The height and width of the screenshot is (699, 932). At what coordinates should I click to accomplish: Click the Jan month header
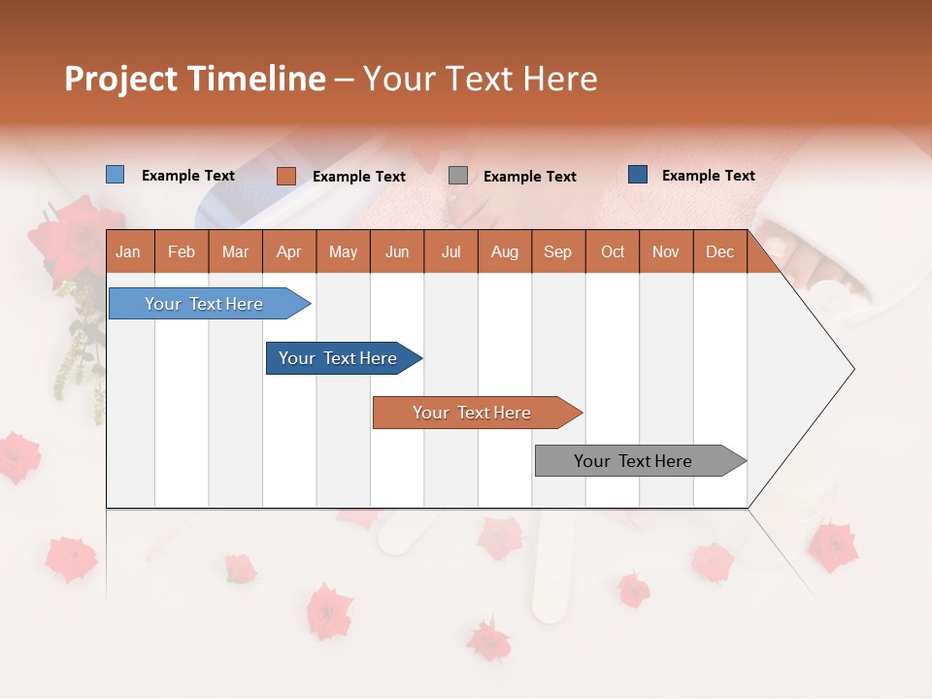pos(128,251)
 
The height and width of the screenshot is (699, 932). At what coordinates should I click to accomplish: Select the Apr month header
pos(288,251)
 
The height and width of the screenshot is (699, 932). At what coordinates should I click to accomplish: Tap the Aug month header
pos(504,251)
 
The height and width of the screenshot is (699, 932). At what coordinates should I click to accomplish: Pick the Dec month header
pos(719,251)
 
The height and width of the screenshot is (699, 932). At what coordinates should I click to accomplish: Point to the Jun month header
pos(396,251)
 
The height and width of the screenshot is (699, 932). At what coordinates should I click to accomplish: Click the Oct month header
pos(612,251)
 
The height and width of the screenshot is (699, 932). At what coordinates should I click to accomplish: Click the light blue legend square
pos(115,175)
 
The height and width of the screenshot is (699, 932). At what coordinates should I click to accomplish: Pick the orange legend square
pos(285,176)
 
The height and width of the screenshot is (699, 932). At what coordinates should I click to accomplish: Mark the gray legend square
pos(457,176)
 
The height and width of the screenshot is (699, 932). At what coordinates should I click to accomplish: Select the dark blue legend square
pos(637,175)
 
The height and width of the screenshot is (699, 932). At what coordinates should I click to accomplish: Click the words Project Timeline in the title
pos(194,79)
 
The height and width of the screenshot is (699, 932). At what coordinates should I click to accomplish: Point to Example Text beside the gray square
pos(529,177)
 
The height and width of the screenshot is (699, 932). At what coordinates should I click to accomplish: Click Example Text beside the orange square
pos(358,177)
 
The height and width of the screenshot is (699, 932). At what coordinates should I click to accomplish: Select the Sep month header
pos(557,251)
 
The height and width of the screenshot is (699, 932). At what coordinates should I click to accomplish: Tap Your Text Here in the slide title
pos(480,79)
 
